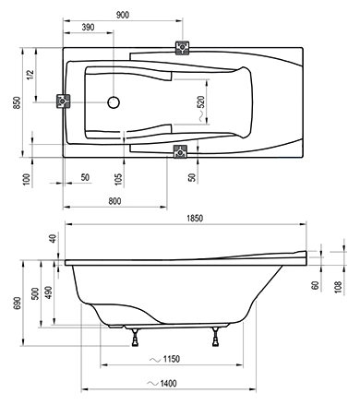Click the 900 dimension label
coord(123,15)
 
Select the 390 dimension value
coord(88,28)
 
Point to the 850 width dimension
coord(17,102)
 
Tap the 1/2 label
coord(30,75)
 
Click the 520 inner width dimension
coord(200,101)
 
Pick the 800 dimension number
coord(114,201)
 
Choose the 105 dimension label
coord(118,179)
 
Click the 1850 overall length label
coord(195,219)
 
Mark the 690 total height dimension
coord(17,304)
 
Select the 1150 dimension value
coord(172,359)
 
